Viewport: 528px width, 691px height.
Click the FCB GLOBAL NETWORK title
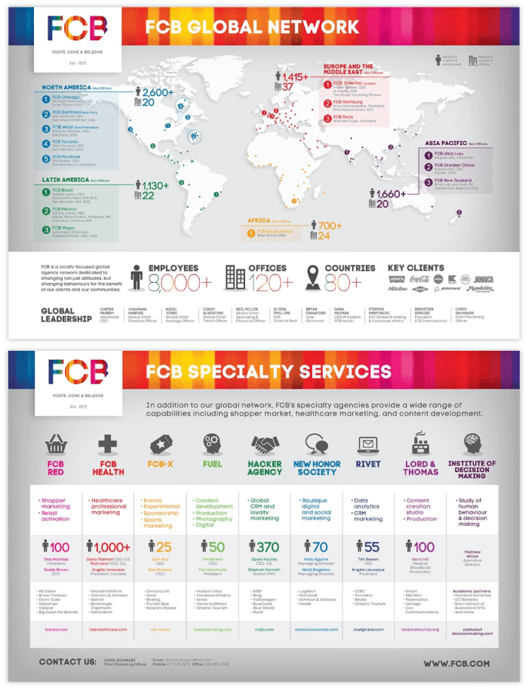252,28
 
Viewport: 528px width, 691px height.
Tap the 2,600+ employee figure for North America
158,92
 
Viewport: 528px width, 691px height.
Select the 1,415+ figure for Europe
296,77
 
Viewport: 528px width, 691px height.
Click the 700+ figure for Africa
330,226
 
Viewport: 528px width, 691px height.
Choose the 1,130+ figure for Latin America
155,186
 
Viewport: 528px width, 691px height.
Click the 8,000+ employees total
180,283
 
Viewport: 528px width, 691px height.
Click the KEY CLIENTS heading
416,268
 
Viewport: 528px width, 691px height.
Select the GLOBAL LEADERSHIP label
57,315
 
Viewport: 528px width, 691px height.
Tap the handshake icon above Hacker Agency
265,443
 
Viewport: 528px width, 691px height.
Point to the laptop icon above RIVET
369,444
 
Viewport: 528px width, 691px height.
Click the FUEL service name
213,464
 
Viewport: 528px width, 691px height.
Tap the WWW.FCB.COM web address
456,664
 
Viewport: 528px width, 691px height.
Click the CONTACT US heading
67,663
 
